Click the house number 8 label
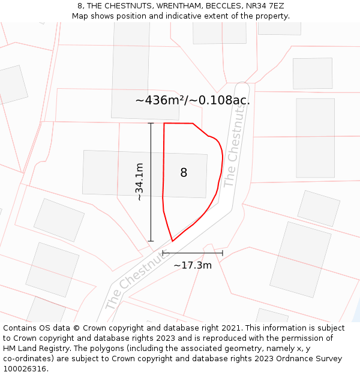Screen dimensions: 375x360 (184, 173)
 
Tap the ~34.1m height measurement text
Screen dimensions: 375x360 (139, 182)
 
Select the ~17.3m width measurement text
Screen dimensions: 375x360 (193, 265)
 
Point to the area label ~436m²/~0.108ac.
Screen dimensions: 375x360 (192, 100)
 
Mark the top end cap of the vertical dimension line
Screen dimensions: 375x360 (151, 123)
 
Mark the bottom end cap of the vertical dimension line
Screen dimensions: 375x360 (151, 241)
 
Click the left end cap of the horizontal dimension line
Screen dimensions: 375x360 (163, 253)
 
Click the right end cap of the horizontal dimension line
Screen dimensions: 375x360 (223, 253)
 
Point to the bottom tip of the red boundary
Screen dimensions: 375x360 (173, 241)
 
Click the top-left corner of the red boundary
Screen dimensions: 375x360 (164, 123)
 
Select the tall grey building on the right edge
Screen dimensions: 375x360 (315, 137)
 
